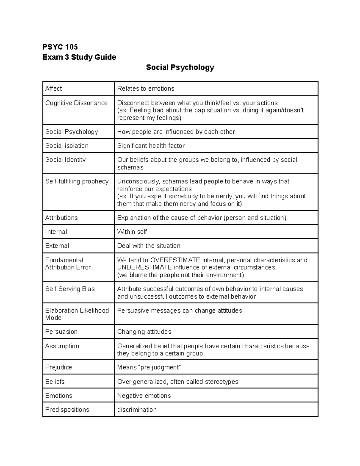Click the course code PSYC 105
click(x=60, y=47)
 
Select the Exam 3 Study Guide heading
click(x=79, y=57)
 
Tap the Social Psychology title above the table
click(x=180, y=67)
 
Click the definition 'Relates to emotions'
click(x=145, y=89)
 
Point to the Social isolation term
click(x=67, y=146)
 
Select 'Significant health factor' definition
click(x=151, y=146)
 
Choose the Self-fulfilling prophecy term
click(x=77, y=181)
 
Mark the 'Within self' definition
click(x=132, y=232)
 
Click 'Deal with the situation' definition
click(x=148, y=246)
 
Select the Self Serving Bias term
click(x=70, y=289)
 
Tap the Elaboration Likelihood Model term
click(x=77, y=314)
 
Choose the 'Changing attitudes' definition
click(x=144, y=332)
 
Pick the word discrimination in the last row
click(x=137, y=410)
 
